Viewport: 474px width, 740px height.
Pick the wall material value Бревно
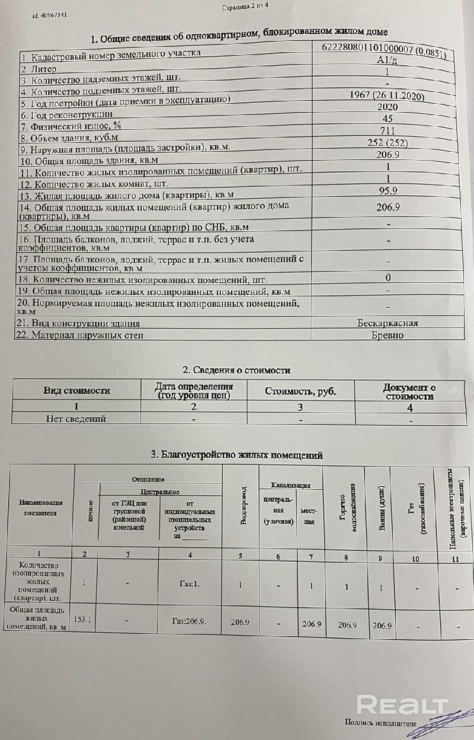387,335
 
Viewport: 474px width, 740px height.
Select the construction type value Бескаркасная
387,323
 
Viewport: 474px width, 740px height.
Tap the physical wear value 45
387,119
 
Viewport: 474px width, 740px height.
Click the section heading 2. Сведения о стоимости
236,370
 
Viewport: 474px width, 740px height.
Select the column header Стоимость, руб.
300,391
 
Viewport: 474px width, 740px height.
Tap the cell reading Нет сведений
76,419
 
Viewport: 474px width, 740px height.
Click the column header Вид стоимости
76,391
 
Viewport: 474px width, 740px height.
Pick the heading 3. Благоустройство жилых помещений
236,455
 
